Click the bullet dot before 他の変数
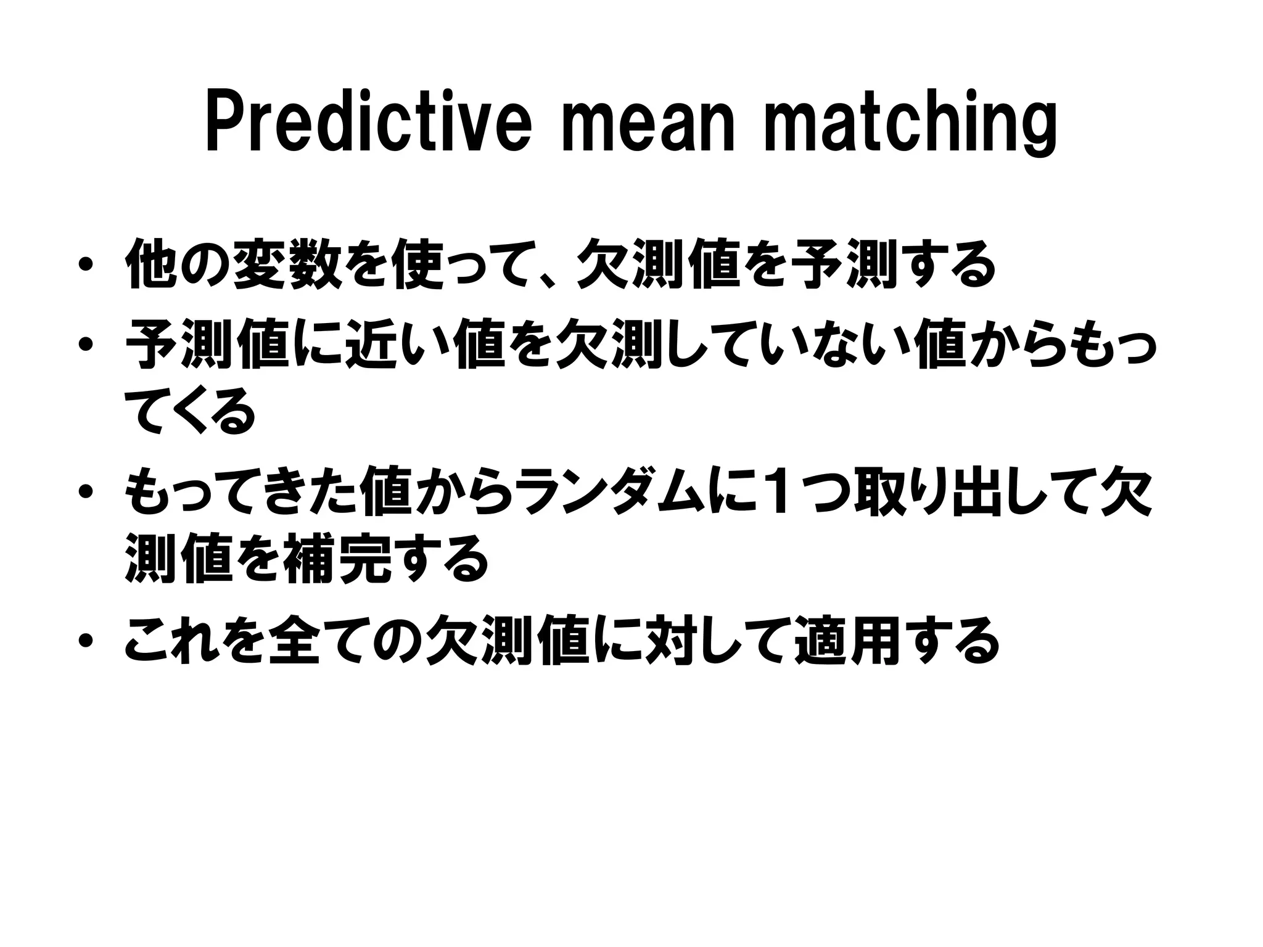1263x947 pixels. pyautogui.click(x=86, y=266)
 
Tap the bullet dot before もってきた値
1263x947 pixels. pyautogui.click(x=86, y=491)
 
